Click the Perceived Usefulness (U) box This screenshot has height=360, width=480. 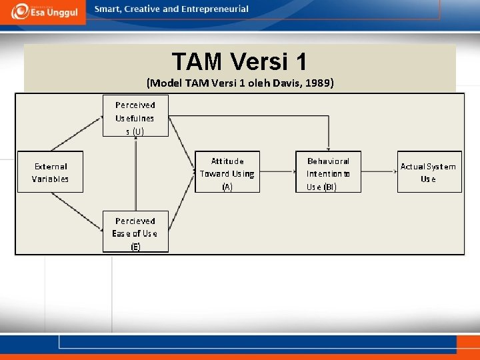[135, 116]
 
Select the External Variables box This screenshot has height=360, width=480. [50, 173]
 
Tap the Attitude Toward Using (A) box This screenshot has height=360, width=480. [227, 173]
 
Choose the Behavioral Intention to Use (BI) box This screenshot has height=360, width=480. [328, 173]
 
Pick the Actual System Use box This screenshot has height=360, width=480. [429, 172]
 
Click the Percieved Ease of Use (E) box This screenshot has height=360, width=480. [135, 232]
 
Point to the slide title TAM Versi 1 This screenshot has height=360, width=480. [239, 61]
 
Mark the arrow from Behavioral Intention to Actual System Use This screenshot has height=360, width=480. [379, 173]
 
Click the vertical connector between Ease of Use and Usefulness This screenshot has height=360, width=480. [135, 173]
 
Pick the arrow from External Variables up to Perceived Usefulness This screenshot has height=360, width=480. [77, 133]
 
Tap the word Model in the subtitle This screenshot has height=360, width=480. [163, 83]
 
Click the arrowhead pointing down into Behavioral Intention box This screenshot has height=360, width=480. [328, 148]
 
